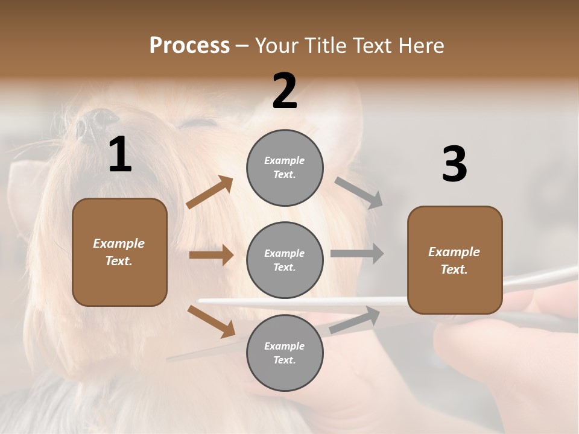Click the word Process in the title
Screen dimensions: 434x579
pos(189,45)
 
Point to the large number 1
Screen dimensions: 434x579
pos(120,155)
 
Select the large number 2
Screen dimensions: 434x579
pos(285,91)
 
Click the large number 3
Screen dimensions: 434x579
pos(454,165)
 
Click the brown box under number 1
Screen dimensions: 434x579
pos(119,252)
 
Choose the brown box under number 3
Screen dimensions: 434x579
pos(455,260)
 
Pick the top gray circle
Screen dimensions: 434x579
pos(285,168)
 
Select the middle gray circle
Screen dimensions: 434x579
pos(285,260)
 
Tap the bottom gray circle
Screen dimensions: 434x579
pos(285,353)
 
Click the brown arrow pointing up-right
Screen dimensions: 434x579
pos(210,192)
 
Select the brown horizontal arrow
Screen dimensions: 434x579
pos(211,255)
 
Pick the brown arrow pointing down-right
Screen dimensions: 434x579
pos(211,321)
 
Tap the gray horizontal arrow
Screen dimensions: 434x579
pos(356,253)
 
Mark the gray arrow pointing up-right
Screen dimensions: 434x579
pos(355,320)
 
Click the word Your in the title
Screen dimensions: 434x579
pos(277,45)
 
